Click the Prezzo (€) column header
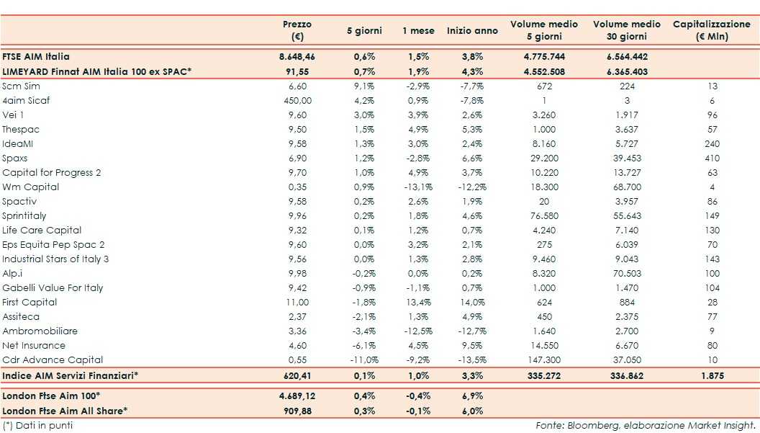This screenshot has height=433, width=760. [x=297, y=30]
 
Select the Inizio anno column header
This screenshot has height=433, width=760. [x=471, y=31]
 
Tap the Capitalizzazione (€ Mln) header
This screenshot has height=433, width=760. [x=711, y=30]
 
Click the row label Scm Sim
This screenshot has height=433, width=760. [x=21, y=86]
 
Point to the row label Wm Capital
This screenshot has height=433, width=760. [x=31, y=187]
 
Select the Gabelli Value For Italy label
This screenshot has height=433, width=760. [x=53, y=287]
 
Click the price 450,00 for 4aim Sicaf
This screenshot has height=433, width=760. [x=297, y=100]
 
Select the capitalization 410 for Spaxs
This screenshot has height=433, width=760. [x=712, y=158]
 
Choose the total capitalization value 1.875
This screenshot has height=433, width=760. [x=711, y=375]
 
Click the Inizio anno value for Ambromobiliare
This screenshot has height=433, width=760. [x=471, y=331]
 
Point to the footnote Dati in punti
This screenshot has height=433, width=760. [x=37, y=425]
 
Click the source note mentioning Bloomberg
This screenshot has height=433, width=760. [x=646, y=425]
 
